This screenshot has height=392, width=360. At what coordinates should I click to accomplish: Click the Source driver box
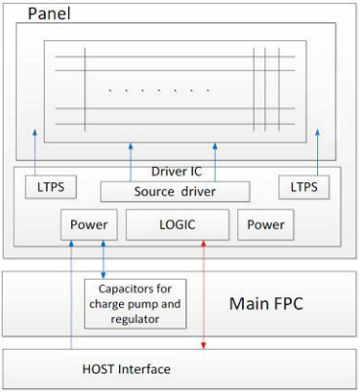[x=175, y=191]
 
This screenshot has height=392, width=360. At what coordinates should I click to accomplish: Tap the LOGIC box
[x=178, y=224]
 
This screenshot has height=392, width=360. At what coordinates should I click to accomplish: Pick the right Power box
[x=265, y=224]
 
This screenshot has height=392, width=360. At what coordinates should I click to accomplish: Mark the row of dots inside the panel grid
[x=159, y=90]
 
